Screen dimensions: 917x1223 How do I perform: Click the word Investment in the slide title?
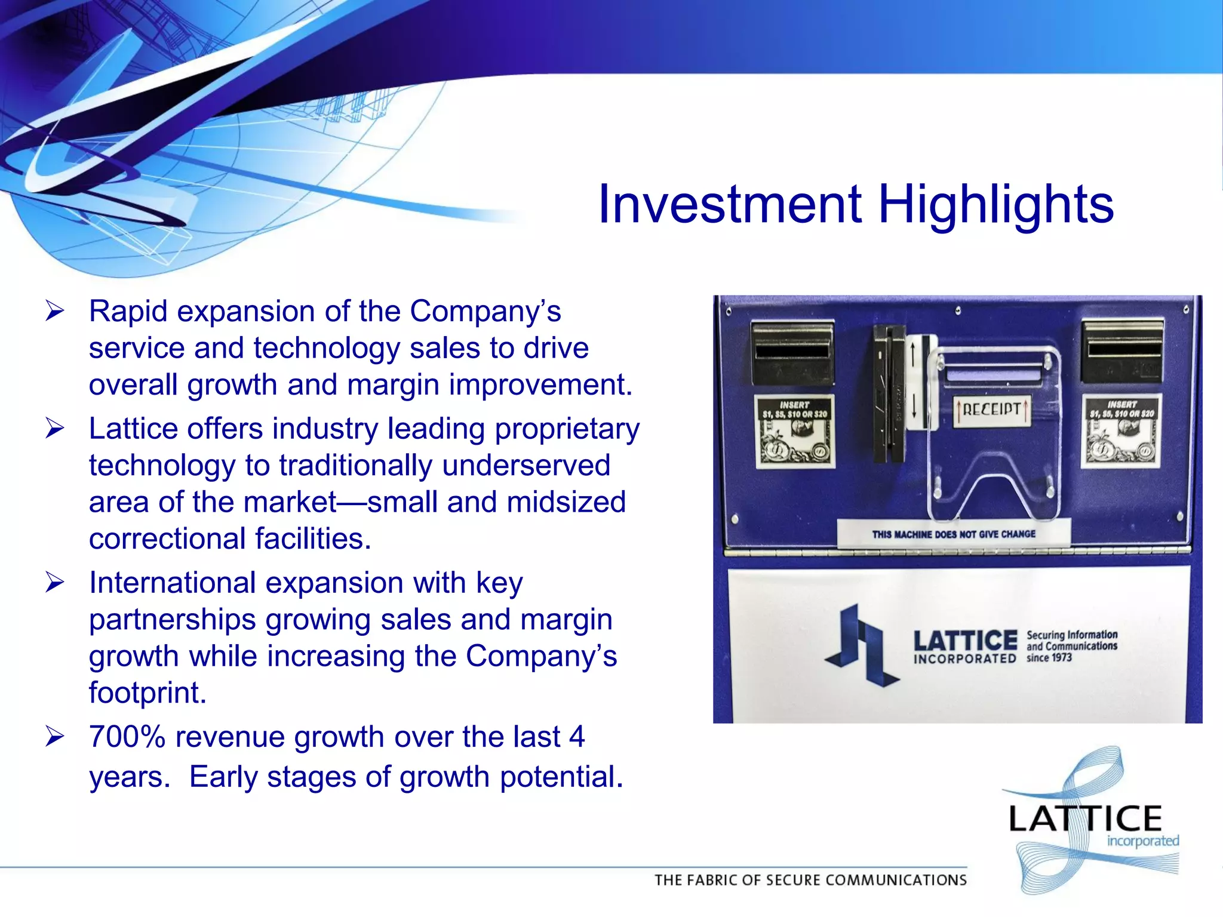(730, 205)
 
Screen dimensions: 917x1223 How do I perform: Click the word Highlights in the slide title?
(995, 205)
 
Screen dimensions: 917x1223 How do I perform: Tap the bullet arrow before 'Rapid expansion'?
(54, 311)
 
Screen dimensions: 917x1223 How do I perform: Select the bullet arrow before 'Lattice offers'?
(54, 429)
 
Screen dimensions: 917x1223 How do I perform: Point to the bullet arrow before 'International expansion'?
(54, 583)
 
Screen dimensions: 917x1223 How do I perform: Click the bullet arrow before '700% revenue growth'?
(54, 737)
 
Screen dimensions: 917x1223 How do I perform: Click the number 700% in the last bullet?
(127, 737)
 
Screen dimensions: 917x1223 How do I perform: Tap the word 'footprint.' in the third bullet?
(148, 693)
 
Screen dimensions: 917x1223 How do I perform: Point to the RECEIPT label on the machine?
(991, 410)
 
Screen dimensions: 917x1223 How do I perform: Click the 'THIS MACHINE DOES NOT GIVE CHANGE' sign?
(953, 534)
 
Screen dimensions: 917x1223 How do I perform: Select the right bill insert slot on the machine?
(1122, 349)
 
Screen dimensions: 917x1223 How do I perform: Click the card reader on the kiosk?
(889, 394)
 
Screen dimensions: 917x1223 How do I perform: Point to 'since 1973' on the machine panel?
(1049, 658)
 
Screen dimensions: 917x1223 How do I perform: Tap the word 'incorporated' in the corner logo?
(1142, 841)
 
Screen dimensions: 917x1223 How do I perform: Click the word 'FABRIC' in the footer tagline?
(729, 880)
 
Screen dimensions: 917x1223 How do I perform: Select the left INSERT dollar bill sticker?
(795, 431)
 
